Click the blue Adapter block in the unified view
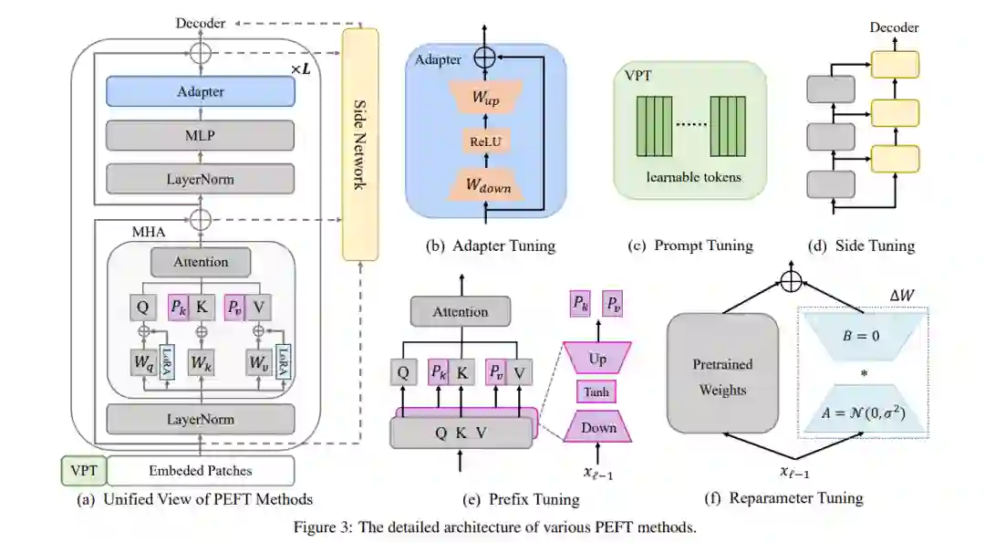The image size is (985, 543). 201,91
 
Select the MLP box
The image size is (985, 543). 201,135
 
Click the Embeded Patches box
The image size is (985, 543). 201,471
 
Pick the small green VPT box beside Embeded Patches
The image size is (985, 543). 83,471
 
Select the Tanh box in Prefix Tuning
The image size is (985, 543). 598,392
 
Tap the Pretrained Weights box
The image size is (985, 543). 723,376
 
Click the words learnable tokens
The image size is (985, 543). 693,177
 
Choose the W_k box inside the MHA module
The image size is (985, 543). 201,363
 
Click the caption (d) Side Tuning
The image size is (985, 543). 862,245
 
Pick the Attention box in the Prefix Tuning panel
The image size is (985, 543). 461,312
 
